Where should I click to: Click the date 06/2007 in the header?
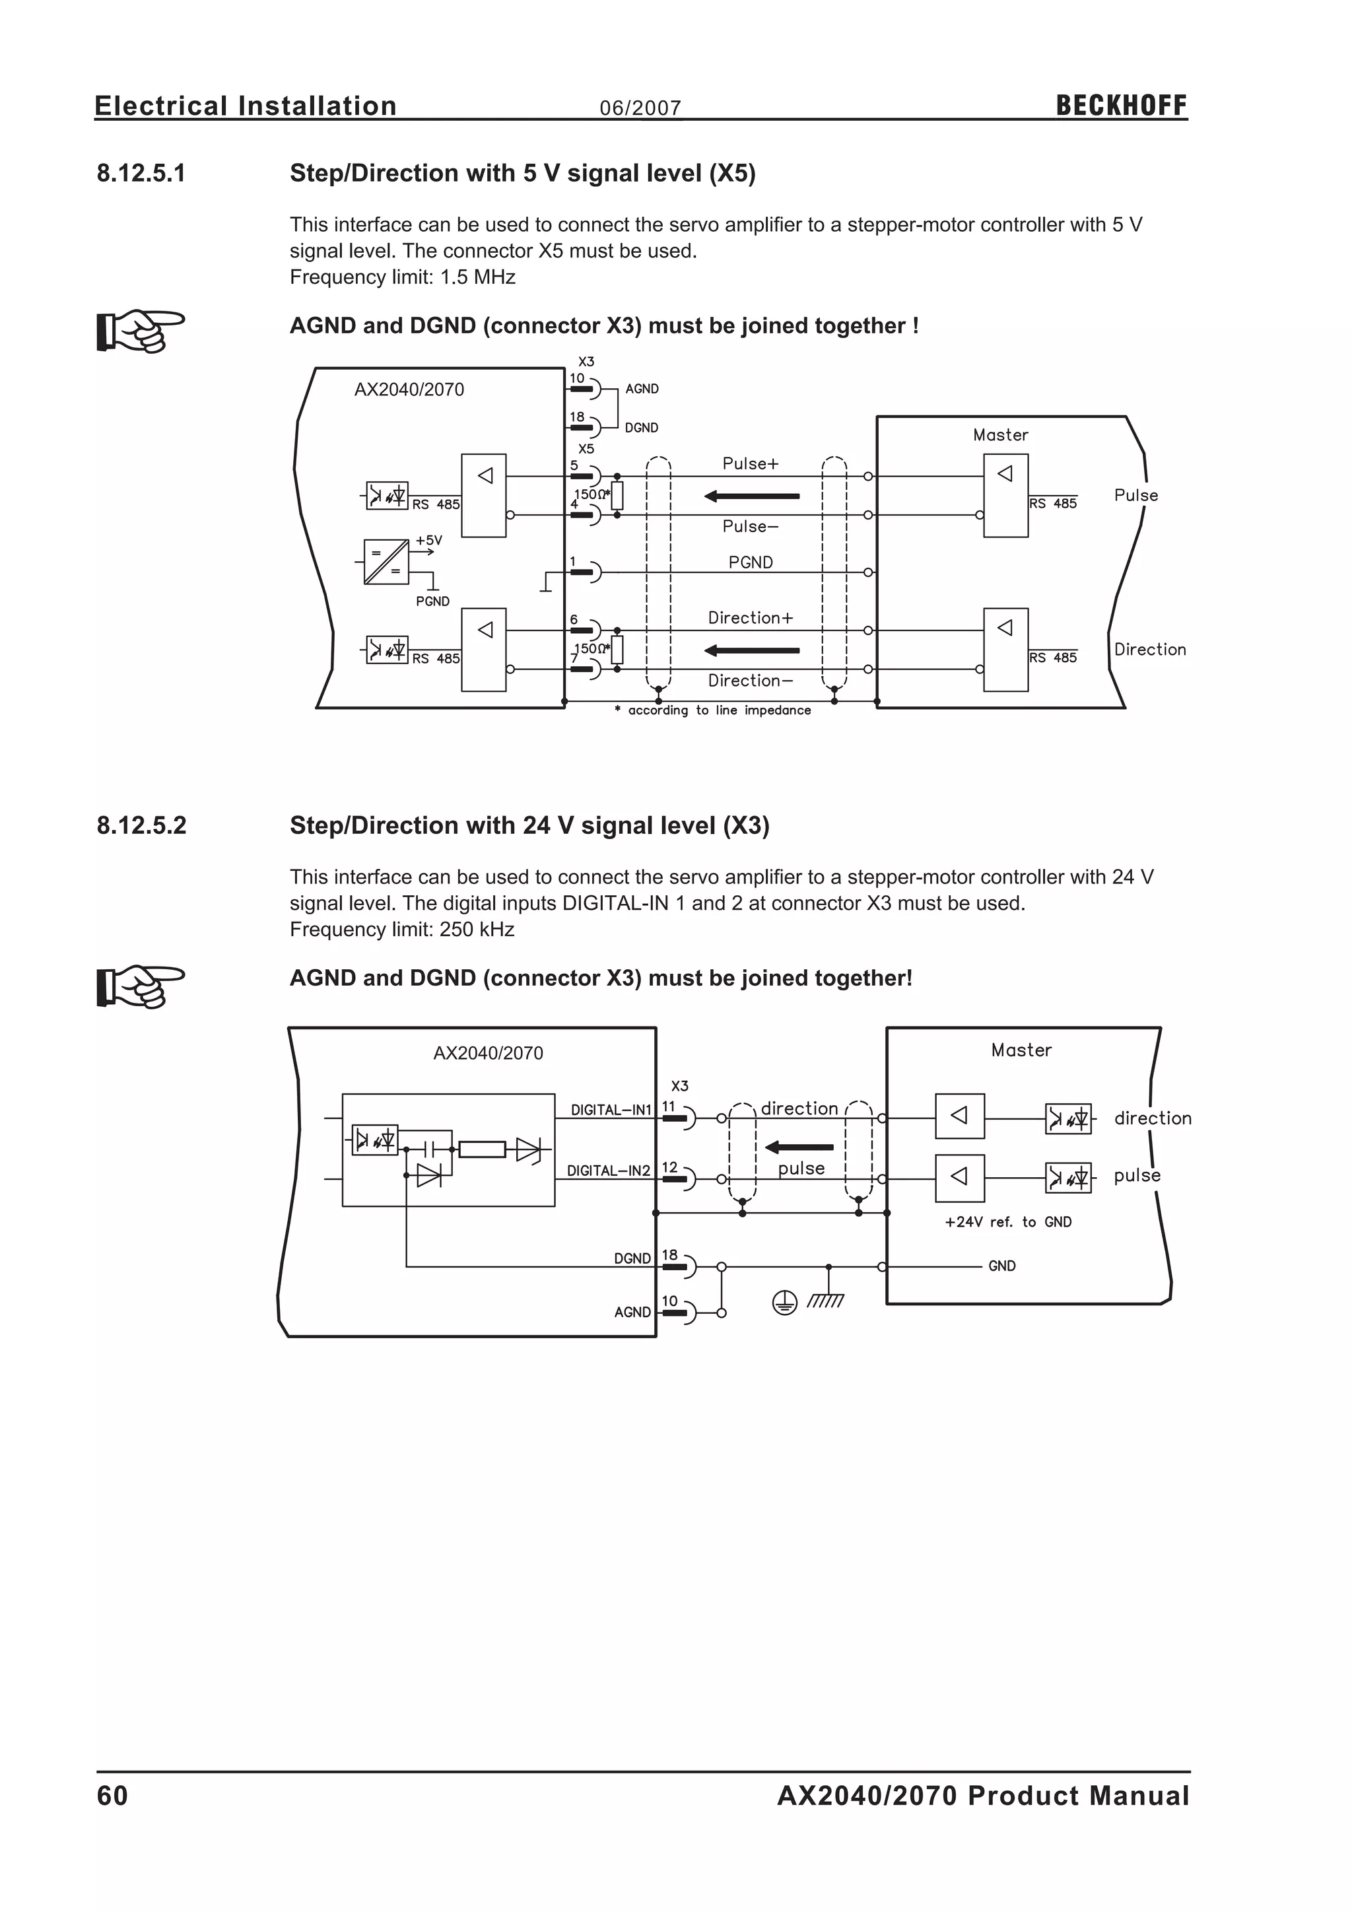tap(640, 108)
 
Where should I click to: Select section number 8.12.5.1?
tap(141, 173)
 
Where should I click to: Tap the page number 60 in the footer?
tap(112, 1795)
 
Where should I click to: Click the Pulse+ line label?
tap(750, 464)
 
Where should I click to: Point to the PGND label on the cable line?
tap(750, 562)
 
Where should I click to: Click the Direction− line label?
tap(750, 681)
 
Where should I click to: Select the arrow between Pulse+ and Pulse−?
tap(752, 496)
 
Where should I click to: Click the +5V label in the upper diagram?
tap(428, 541)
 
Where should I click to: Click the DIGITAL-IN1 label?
tap(611, 1109)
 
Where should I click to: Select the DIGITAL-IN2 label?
tap(609, 1170)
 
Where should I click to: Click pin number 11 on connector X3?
tap(669, 1106)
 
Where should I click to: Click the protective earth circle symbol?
tap(784, 1303)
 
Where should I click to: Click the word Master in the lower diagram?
tap(1021, 1050)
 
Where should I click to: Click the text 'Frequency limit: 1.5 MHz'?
tap(402, 277)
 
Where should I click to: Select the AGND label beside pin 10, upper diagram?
tap(641, 389)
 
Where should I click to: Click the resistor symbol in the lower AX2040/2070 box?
tap(482, 1149)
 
